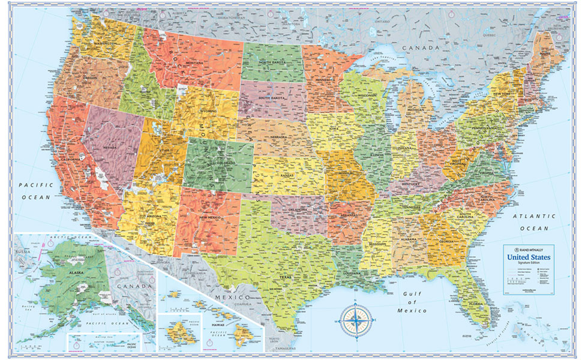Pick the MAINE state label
[544, 55]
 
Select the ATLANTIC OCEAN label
[534, 222]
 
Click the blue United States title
[530, 257]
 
